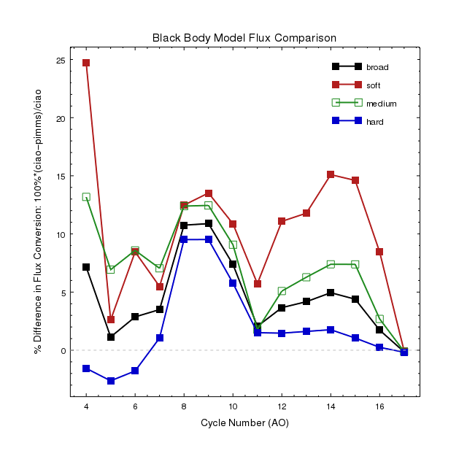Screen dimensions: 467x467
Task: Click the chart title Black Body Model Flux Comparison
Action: click(x=244, y=37)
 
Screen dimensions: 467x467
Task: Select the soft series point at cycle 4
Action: click(x=86, y=63)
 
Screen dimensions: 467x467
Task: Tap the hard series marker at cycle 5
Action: click(x=111, y=381)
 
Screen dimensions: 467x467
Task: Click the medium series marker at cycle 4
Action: click(x=86, y=197)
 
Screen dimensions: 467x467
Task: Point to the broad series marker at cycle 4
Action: click(x=86, y=267)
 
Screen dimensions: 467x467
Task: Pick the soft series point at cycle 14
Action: click(x=331, y=175)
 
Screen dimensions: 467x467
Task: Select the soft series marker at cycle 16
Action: click(x=379, y=252)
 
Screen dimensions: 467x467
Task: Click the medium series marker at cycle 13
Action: click(x=306, y=277)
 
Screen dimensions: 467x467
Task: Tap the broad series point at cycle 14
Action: click(x=331, y=293)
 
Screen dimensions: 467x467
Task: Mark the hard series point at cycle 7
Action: click(x=160, y=338)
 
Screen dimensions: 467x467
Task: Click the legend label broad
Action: click(x=377, y=67)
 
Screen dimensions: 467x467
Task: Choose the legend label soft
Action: click(x=374, y=85)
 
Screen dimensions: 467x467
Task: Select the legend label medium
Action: click(x=381, y=104)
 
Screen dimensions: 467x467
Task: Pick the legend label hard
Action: click(x=374, y=121)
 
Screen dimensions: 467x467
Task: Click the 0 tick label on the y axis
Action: click(x=62, y=351)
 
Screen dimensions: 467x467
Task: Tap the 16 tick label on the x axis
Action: click(x=379, y=406)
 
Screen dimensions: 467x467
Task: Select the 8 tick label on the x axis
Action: click(x=184, y=406)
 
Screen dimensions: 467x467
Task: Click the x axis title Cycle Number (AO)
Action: click(x=244, y=422)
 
